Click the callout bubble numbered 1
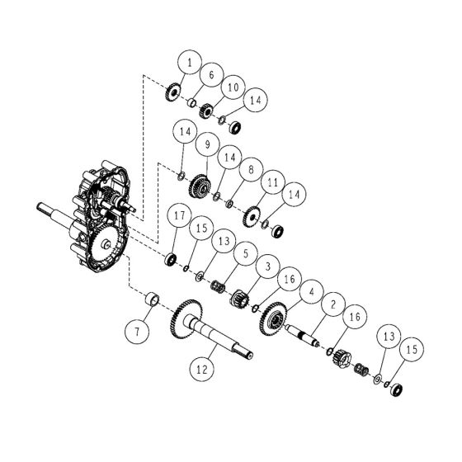(x=191, y=63)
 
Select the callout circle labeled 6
(x=210, y=75)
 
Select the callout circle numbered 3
(x=267, y=267)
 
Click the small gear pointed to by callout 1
(x=173, y=91)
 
